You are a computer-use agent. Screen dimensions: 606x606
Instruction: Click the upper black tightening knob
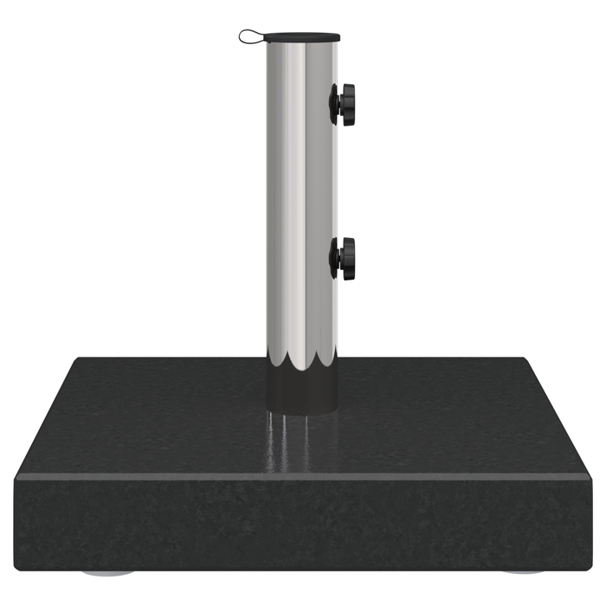click(344, 105)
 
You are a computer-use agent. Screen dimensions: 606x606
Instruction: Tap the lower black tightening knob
click(344, 258)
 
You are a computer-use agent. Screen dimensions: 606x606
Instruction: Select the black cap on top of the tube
click(302, 37)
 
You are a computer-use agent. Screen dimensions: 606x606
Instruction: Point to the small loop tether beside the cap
click(250, 36)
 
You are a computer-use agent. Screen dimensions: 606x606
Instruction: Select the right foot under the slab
click(523, 573)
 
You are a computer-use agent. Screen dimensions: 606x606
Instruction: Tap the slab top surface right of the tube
click(450, 416)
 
